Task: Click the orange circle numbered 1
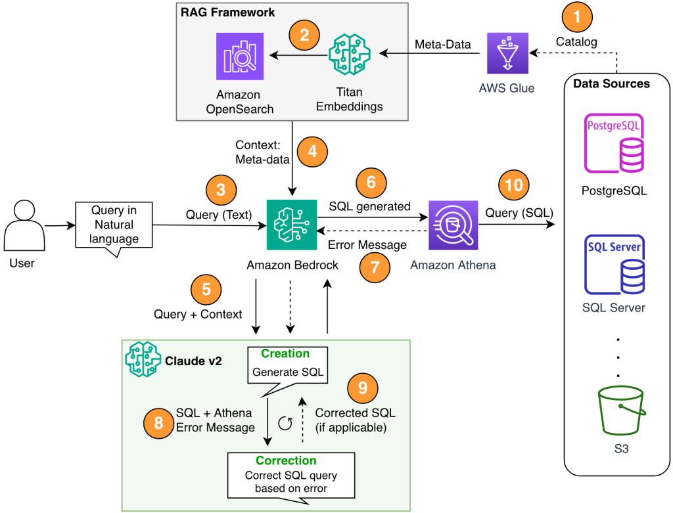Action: [578, 16]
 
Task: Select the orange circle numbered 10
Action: [515, 186]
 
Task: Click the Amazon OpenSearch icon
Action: [239, 57]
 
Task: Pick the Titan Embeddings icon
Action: [348, 57]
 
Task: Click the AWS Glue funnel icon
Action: [507, 53]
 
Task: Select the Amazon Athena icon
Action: [452, 225]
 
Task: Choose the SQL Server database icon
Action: [614, 266]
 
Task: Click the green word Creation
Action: [285, 354]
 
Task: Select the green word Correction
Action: [286, 460]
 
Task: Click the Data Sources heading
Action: [611, 83]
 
